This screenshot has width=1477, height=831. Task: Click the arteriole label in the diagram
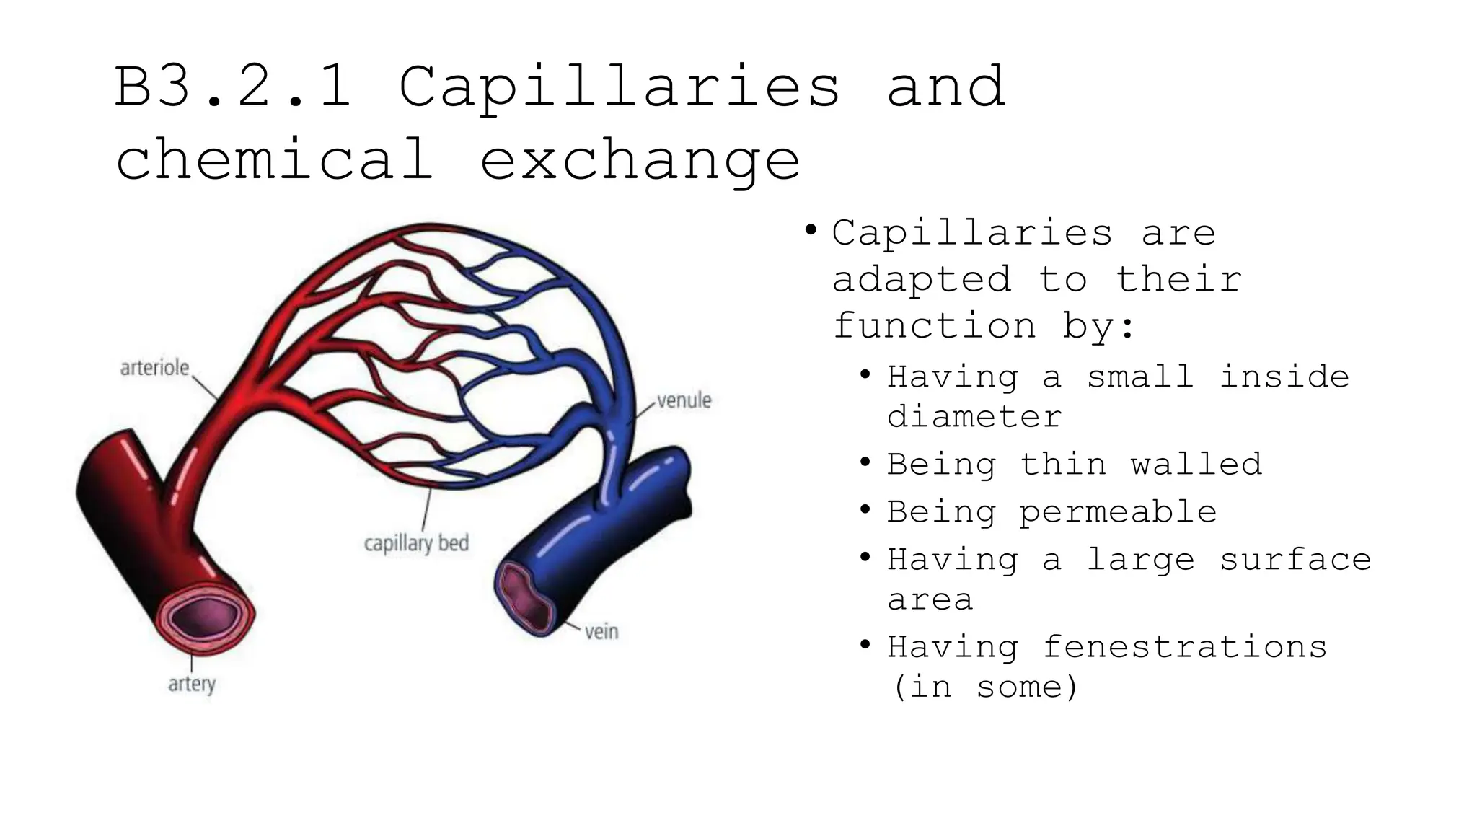(x=154, y=368)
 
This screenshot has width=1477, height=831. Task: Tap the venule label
(x=684, y=400)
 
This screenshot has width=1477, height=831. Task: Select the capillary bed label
(x=416, y=542)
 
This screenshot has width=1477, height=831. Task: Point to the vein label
(x=601, y=632)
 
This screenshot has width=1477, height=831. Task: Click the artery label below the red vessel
(x=192, y=683)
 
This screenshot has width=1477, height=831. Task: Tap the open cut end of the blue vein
(x=526, y=597)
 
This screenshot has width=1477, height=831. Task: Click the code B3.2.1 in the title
(x=233, y=87)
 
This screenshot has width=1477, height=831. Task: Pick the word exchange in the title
(x=640, y=160)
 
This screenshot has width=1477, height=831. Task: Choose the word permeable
(x=1118, y=512)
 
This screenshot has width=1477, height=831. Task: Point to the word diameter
(x=974, y=417)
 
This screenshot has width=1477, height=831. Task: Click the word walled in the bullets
(x=1196, y=465)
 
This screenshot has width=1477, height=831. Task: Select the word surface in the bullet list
(x=1295, y=560)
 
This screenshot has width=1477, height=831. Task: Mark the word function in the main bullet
(x=935, y=326)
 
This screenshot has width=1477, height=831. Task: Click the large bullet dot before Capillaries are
(x=811, y=231)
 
